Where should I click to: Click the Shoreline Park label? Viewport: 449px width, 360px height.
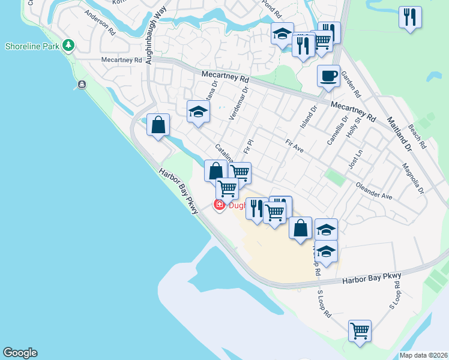click(32, 46)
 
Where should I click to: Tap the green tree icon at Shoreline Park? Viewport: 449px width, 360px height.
click(69, 46)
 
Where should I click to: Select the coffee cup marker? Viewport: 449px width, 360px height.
click(328, 76)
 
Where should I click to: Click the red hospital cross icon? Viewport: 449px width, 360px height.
click(220, 206)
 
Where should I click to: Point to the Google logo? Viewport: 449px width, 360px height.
click(20, 353)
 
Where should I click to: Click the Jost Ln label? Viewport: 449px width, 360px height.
click(356, 159)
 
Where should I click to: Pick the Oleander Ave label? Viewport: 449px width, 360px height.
click(373, 191)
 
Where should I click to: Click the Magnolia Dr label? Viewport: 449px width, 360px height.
click(413, 179)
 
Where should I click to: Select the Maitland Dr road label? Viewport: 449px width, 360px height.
click(399, 134)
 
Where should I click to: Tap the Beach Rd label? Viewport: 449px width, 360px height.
click(417, 137)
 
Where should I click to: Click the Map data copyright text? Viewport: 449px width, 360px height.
click(423, 355)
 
